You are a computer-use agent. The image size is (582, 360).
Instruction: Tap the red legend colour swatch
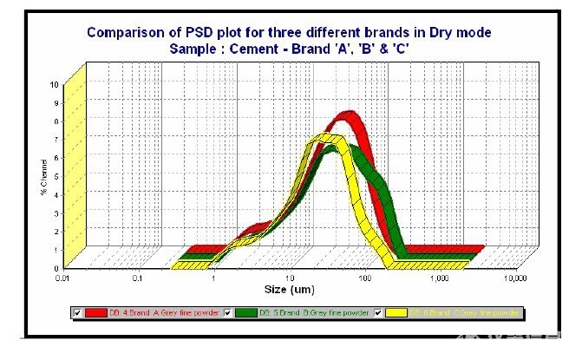click(96, 312)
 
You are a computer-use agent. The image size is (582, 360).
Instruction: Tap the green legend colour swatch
click(245, 312)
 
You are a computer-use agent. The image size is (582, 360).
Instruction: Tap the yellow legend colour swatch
click(396, 312)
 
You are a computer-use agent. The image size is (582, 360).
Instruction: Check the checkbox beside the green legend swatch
click(229, 312)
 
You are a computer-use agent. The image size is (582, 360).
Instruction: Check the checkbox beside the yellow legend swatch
click(379, 312)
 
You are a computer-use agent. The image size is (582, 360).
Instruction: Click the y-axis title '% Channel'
click(44, 176)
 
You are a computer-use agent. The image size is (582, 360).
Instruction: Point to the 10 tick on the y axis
click(55, 85)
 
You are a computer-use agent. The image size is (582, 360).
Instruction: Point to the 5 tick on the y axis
click(55, 176)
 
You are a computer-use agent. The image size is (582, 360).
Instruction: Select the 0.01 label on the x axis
click(61, 279)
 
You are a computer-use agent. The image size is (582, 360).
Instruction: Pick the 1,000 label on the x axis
click(440, 279)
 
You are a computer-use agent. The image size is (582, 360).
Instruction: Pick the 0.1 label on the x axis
click(137, 279)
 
